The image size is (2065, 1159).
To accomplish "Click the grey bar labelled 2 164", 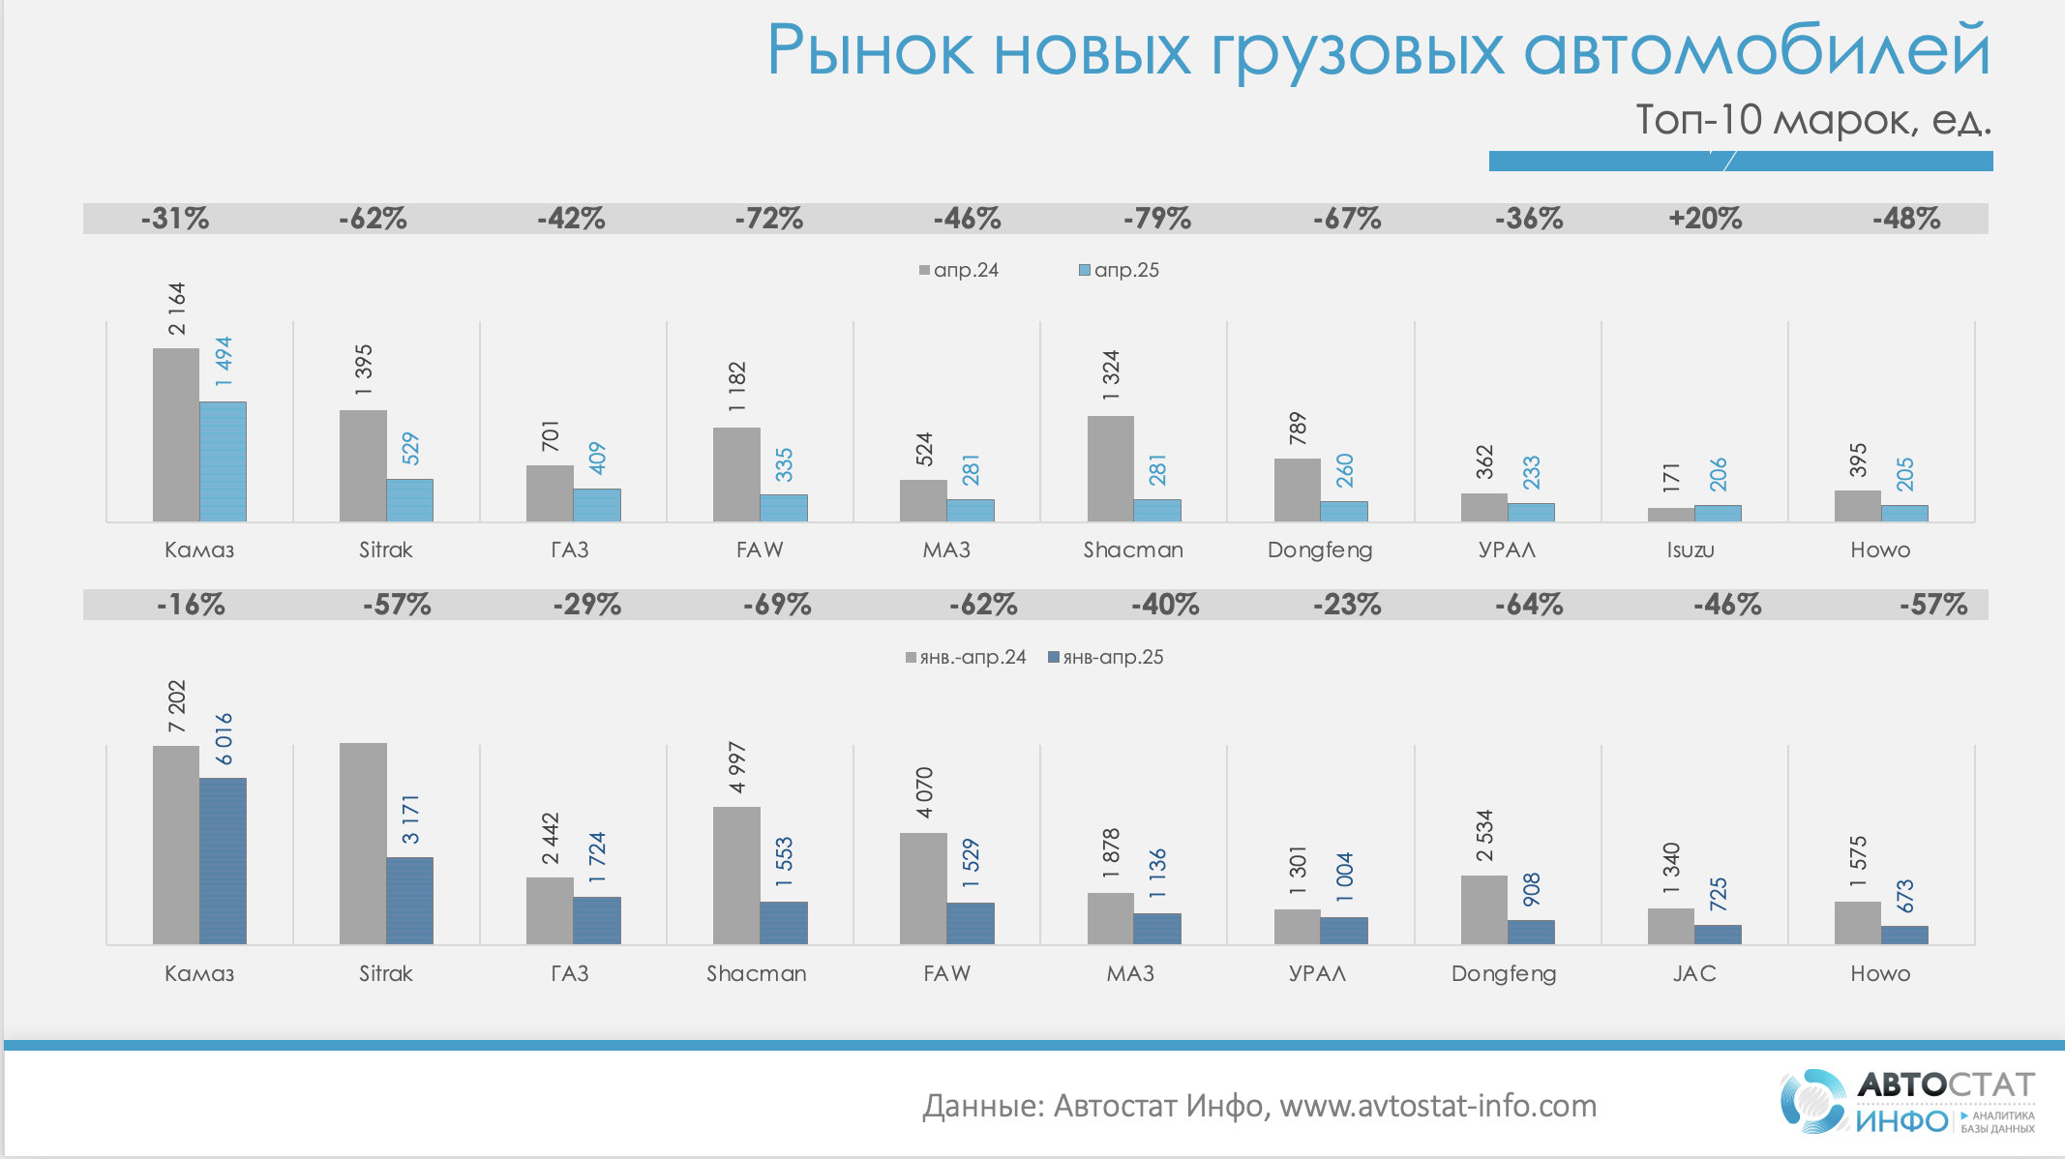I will click(176, 435).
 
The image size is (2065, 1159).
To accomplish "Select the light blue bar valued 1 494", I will click(223, 461).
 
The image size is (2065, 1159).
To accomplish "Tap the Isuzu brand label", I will click(1690, 550).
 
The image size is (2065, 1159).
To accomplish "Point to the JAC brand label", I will click(1693, 973).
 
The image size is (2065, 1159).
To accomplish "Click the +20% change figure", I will click(1705, 219).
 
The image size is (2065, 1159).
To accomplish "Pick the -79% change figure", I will click(1156, 219).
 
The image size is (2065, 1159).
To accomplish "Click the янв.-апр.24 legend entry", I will click(965, 657).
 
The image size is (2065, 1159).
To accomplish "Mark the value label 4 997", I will click(737, 767).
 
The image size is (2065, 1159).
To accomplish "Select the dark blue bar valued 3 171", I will click(409, 900).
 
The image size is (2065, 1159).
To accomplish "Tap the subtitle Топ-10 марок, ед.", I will click(1812, 120).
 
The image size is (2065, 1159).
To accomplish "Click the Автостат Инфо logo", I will click(1906, 1100).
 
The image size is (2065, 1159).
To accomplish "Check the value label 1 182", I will click(737, 387).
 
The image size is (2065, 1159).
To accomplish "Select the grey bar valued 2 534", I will click(1484, 909).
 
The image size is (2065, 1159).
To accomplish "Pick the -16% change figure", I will click(191, 606).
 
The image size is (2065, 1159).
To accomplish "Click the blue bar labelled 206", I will click(1718, 513).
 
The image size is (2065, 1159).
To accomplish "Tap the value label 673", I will click(1904, 896).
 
